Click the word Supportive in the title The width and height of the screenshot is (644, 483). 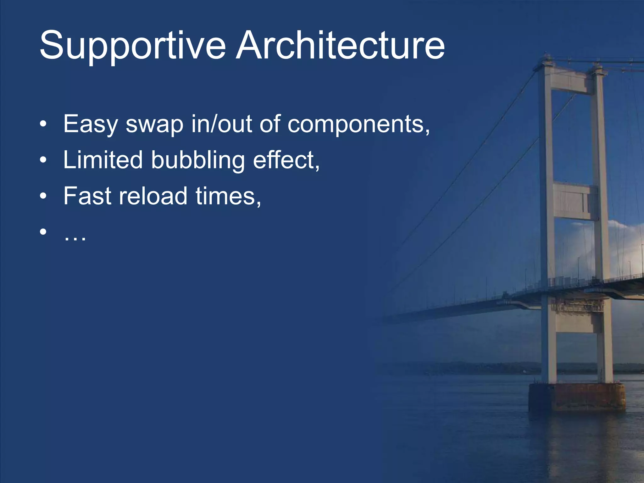tap(132, 46)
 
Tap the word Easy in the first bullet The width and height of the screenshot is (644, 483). tap(90, 125)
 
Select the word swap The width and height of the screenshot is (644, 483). tap(154, 125)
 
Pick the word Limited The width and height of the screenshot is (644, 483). tap(103, 160)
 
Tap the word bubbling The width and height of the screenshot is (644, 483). tap(198, 160)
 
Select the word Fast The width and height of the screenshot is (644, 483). tap(87, 196)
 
